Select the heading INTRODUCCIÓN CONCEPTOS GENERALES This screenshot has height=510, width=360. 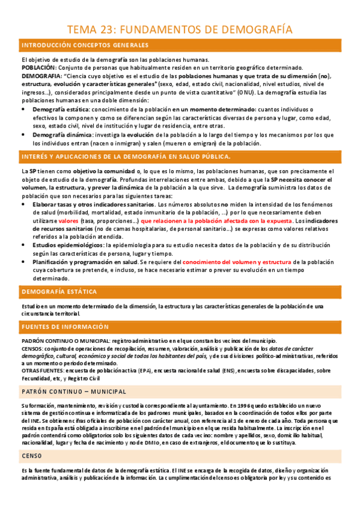point(85,46)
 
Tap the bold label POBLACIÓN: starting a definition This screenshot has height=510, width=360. point(40,68)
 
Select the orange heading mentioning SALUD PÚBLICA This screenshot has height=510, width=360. point(126,156)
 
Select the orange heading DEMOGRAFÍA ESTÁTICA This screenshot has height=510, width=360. point(59,292)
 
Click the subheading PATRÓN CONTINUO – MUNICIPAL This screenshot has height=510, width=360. point(74,392)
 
